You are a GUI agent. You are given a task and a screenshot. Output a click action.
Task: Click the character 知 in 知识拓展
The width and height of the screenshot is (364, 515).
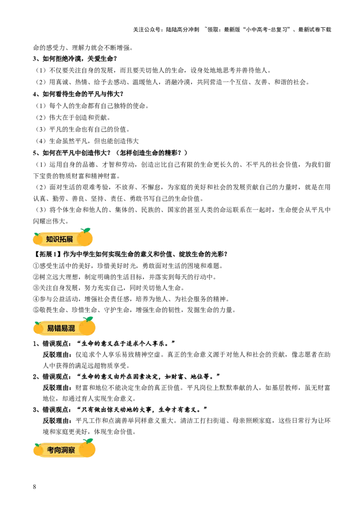(x=50, y=239)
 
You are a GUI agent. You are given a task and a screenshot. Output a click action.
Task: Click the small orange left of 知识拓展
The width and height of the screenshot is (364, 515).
(x=37, y=238)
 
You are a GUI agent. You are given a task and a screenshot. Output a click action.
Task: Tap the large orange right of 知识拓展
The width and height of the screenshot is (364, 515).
(x=85, y=238)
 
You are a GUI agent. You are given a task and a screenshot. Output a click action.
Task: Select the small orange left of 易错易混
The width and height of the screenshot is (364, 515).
(x=38, y=328)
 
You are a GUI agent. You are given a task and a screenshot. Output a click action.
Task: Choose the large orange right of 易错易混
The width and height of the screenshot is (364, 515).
(x=87, y=327)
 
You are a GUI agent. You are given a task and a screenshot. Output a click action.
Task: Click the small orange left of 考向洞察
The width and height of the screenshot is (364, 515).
(x=38, y=450)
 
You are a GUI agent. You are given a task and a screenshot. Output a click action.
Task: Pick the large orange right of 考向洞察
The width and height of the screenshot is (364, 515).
(x=87, y=449)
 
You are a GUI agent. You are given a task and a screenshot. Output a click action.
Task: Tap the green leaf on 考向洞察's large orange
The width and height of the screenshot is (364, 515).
(x=89, y=440)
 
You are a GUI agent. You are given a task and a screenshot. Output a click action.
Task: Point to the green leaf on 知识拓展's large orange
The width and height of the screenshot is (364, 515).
(x=86, y=229)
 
